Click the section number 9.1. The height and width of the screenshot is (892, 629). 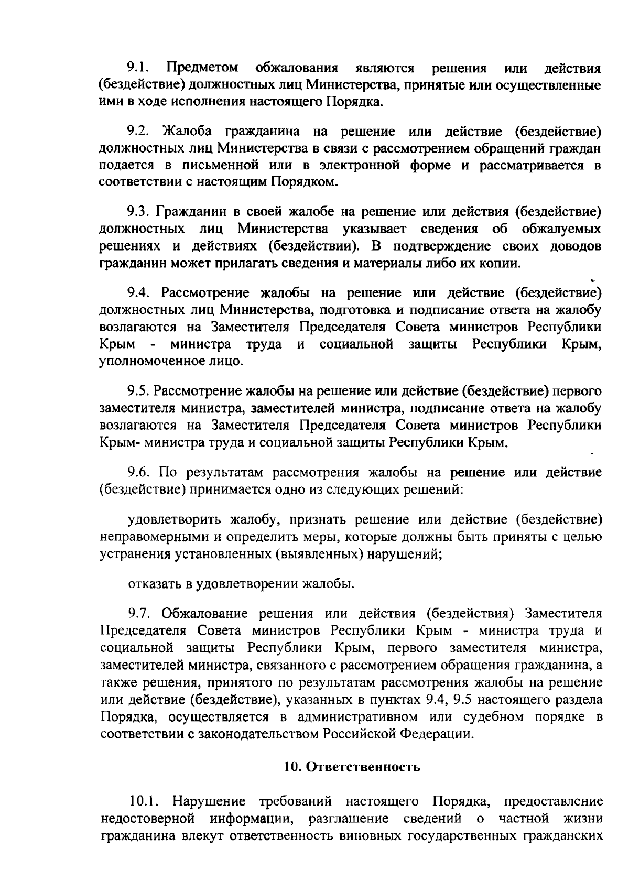(x=139, y=68)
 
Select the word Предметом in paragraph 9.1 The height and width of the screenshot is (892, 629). (x=202, y=68)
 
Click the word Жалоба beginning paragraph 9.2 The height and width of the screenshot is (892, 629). (x=188, y=130)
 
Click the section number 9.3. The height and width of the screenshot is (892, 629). (x=139, y=212)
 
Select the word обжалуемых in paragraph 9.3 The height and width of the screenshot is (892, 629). (x=561, y=229)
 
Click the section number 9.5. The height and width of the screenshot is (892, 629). (x=139, y=391)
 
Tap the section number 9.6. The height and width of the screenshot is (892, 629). (x=139, y=472)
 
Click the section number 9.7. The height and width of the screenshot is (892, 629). (x=139, y=613)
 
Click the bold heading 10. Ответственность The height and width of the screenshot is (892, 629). (x=352, y=767)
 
